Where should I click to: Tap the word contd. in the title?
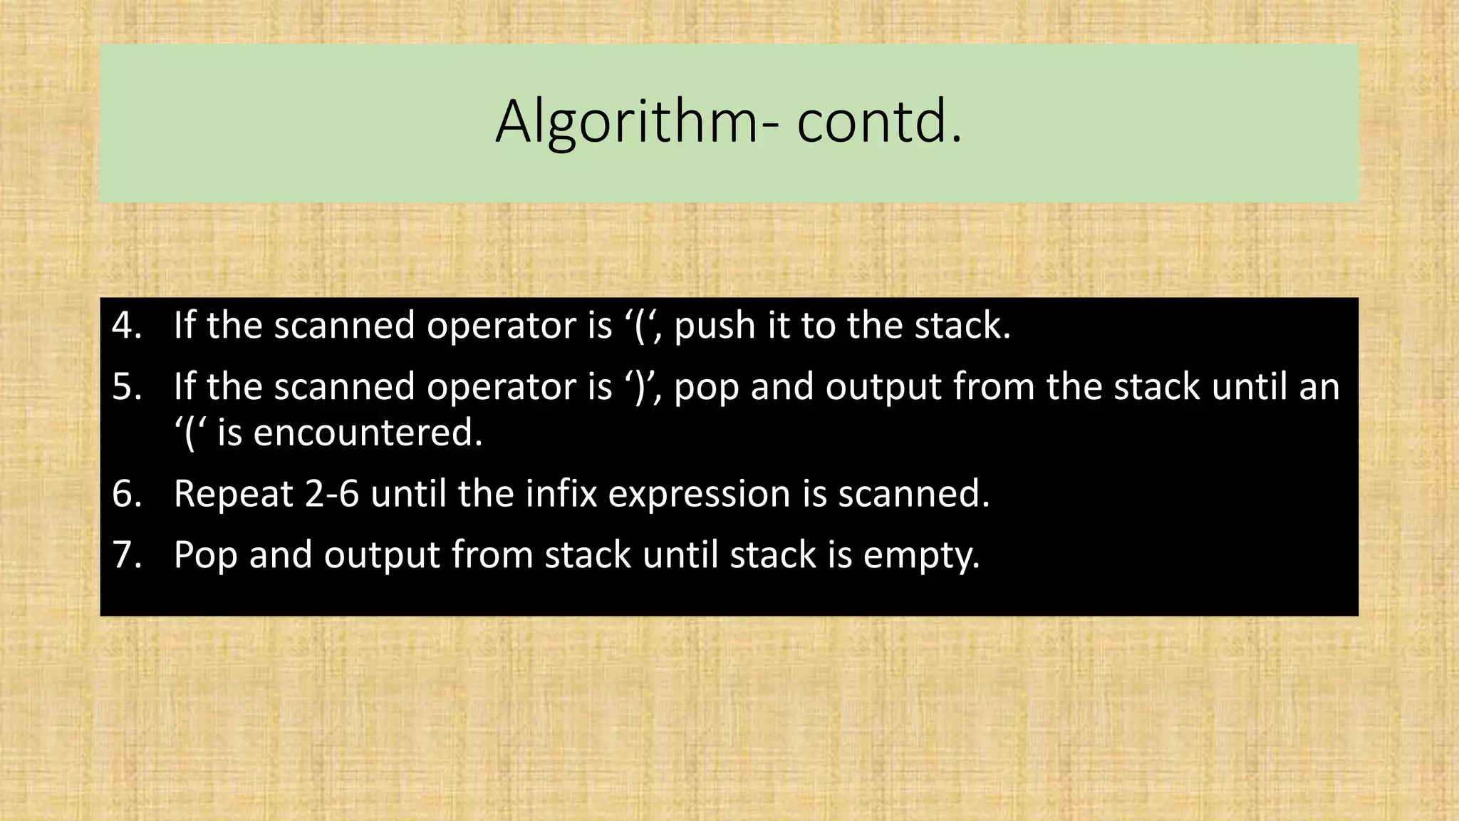pos(879,123)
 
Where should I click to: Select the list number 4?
pos(127,326)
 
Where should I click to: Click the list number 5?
pos(127,387)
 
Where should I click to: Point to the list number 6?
pos(127,493)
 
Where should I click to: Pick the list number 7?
pos(127,554)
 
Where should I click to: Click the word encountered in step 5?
pos(368,433)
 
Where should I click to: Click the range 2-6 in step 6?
pos(332,493)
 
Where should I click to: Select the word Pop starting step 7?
pos(205,556)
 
